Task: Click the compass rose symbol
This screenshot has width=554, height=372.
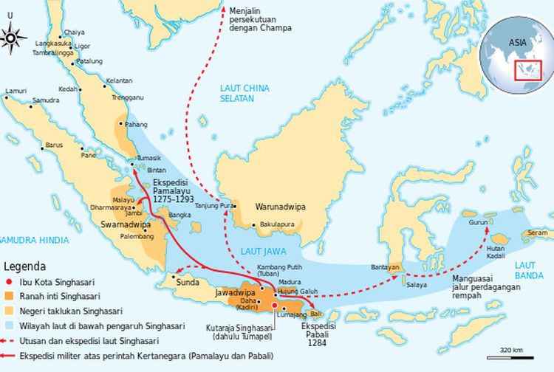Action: point(14,35)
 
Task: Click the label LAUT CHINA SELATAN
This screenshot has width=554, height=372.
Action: point(237,93)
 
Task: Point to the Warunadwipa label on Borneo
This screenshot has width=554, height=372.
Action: point(280,207)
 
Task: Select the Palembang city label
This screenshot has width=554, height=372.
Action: point(145,237)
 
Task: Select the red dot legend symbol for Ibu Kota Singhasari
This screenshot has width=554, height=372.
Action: point(10,281)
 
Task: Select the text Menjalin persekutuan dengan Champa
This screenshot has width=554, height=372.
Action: point(259,18)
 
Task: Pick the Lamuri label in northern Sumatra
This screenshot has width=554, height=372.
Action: point(16,91)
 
